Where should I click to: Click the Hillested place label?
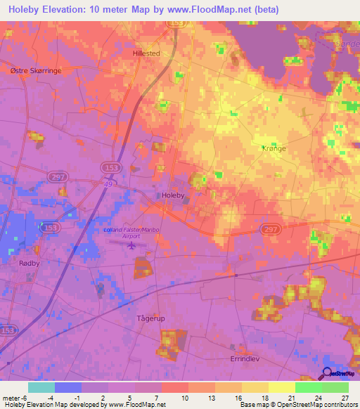146,53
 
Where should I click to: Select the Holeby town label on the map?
172,195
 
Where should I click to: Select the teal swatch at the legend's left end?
41,387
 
